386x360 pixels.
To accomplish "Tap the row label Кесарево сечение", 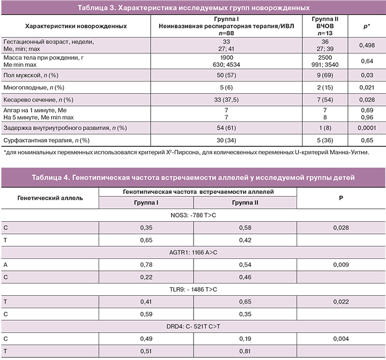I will click(x=38, y=100).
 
